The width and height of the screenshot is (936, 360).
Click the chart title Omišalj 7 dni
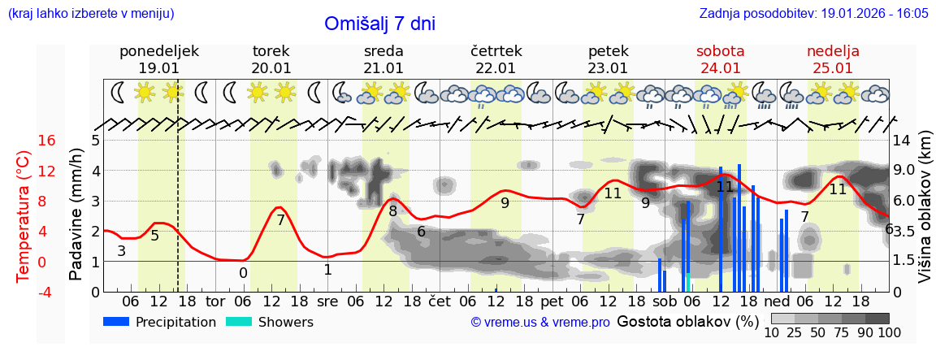pos(379,24)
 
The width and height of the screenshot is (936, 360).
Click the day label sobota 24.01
pos(720,59)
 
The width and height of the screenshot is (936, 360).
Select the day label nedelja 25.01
pos(833,59)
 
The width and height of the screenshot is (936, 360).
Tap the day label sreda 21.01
pos(383,59)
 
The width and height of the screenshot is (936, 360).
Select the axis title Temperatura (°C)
pos(24,216)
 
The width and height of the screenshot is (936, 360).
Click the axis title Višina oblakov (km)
pos(925,216)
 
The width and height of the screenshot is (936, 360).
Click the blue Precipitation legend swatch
pos(117,322)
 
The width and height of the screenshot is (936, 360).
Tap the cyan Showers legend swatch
pos(239,322)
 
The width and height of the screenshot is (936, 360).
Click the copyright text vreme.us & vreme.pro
pos(540,323)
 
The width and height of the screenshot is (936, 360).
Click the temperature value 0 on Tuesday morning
pos(243,273)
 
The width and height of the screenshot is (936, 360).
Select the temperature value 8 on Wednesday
pos(392,211)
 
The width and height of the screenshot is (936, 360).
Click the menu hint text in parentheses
pos(91,14)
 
